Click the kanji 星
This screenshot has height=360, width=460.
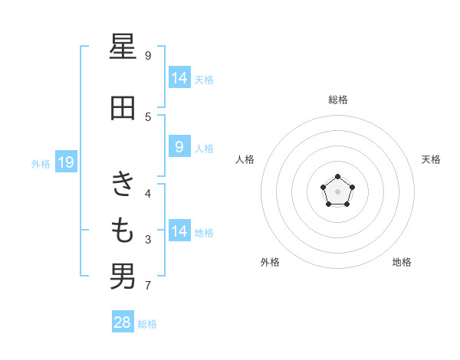[x=123, y=46]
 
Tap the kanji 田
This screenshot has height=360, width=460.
[x=123, y=108]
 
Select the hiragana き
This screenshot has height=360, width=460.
[x=123, y=183]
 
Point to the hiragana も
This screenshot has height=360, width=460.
[x=123, y=231]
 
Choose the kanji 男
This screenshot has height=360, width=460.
[x=123, y=277]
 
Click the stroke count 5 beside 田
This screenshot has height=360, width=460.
[x=148, y=117]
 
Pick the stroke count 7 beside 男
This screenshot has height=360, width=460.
[x=148, y=285]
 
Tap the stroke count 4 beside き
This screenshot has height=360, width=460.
[x=148, y=194]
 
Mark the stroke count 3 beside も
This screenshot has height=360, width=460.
[x=148, y=240]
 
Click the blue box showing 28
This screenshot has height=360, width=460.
[x=123, y=321]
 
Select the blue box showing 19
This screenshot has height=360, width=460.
[x=66, y=162]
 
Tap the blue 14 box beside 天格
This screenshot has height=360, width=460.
[x=180, y=77]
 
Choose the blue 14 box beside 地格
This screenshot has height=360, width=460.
[x=180, y=230]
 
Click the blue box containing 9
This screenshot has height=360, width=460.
[x=180, y=146]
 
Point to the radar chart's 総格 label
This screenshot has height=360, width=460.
[x=338, y=100]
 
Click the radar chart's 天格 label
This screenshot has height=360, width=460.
[x=431, y=159]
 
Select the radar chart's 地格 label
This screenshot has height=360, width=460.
[x=402, y=262]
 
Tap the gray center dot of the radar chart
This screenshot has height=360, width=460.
[x=337, y=191]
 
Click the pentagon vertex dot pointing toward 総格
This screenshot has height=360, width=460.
[x=337, y=176]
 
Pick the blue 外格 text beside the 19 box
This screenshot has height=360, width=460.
[x=41, y=164]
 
